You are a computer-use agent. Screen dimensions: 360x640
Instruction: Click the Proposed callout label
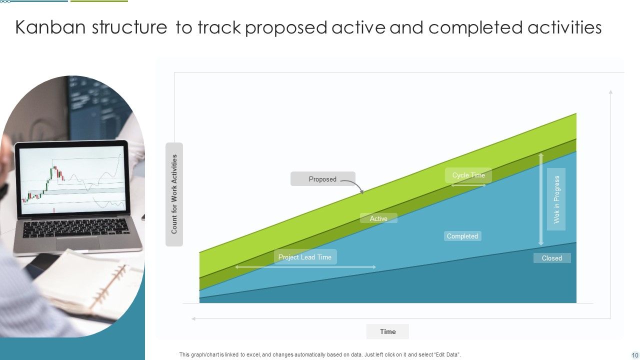coord(322,179)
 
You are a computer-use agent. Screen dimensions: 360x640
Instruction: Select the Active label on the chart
coord(378,218)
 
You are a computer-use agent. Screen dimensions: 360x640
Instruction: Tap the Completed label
coord(462,236)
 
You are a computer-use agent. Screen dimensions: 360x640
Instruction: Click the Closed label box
coord(551,258)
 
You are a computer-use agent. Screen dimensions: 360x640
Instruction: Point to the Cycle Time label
coord(468,175)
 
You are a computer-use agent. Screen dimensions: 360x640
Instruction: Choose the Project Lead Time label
coord(305,257)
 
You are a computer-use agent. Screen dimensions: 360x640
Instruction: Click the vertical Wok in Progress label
coord(556,199)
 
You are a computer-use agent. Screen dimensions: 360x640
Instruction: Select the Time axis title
coord(387,331)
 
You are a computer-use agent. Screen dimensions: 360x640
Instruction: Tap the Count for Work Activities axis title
coord(174,194)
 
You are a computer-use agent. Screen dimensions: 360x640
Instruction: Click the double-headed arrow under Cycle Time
coord(468,185)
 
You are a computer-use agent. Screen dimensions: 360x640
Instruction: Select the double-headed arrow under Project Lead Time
coord(305,267)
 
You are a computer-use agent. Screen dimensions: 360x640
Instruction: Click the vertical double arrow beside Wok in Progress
coord(540,199)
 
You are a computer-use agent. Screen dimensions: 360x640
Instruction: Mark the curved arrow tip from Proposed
coord(362,192)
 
